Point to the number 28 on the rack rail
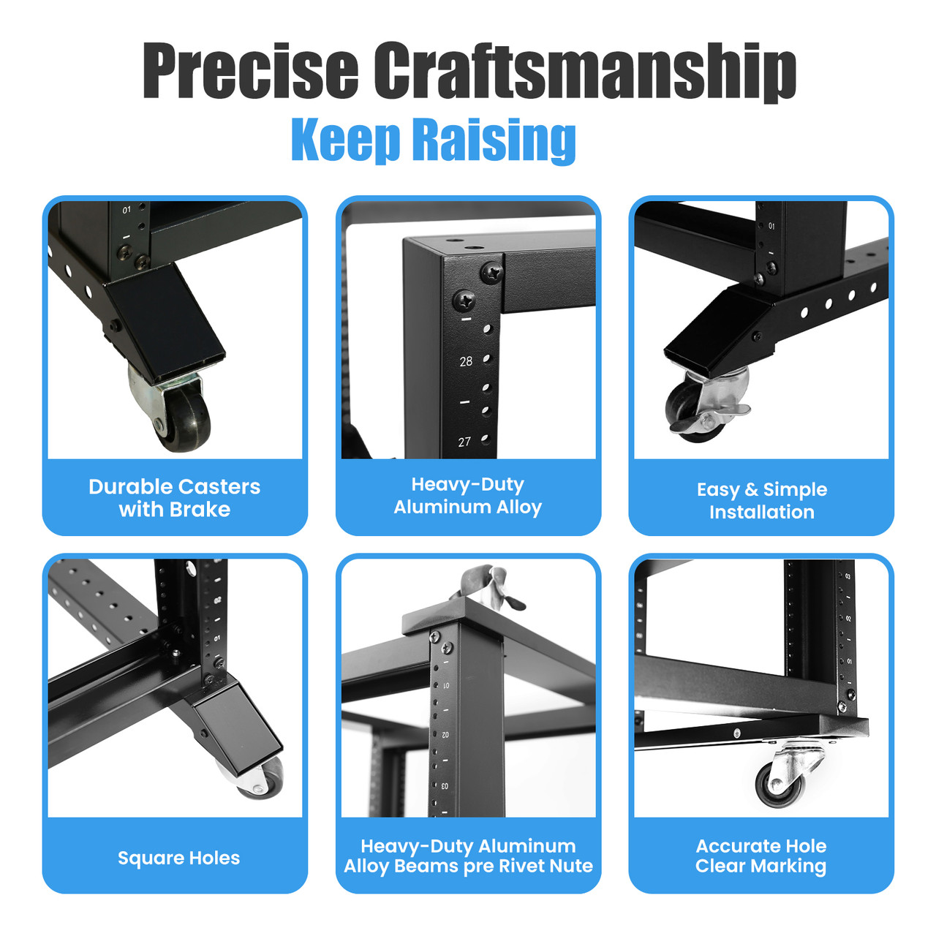(x=466, y=361)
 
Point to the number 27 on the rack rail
(x=464, y=442)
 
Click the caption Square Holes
(x=178, y=858)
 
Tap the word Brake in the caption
(x=201, y=510)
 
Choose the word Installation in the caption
(x=761, y=512)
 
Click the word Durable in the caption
(x=130, y=487)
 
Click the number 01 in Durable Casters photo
(x=127, y=211)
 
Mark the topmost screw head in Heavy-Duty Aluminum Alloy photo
(x=491, y=273)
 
